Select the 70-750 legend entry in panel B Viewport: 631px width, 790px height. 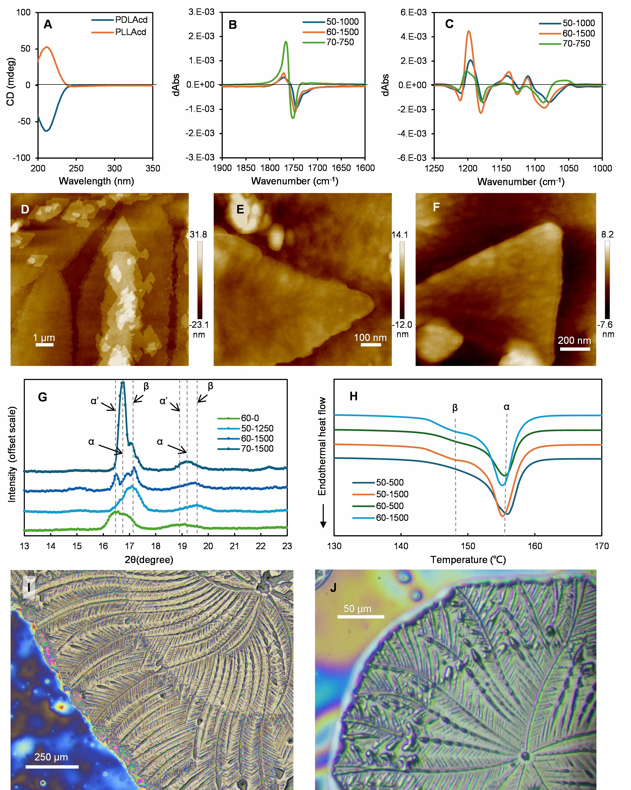click(340, 42)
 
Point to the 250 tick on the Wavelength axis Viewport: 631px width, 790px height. click(76, 168)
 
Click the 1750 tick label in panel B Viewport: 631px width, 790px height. click(293, 168)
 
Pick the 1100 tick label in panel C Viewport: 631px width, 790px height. click(535, 168)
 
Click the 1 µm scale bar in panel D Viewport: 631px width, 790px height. click(44, 344)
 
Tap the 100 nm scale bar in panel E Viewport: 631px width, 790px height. click(371, 344)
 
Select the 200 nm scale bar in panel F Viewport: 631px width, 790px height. click(575, 349)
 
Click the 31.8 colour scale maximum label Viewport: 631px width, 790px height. click(198, 235)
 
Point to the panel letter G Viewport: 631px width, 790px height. click(42, 397)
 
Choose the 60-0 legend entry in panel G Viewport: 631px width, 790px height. click(249, 418)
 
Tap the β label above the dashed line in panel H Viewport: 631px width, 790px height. click(455, 407)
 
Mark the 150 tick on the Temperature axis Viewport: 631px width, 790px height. click(468, 546)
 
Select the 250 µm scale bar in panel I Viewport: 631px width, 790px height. click(52, 766)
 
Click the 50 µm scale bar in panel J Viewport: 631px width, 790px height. click(361, 617)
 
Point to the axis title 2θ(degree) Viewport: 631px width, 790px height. click(149, 559)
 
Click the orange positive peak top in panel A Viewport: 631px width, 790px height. click(47, 47)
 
